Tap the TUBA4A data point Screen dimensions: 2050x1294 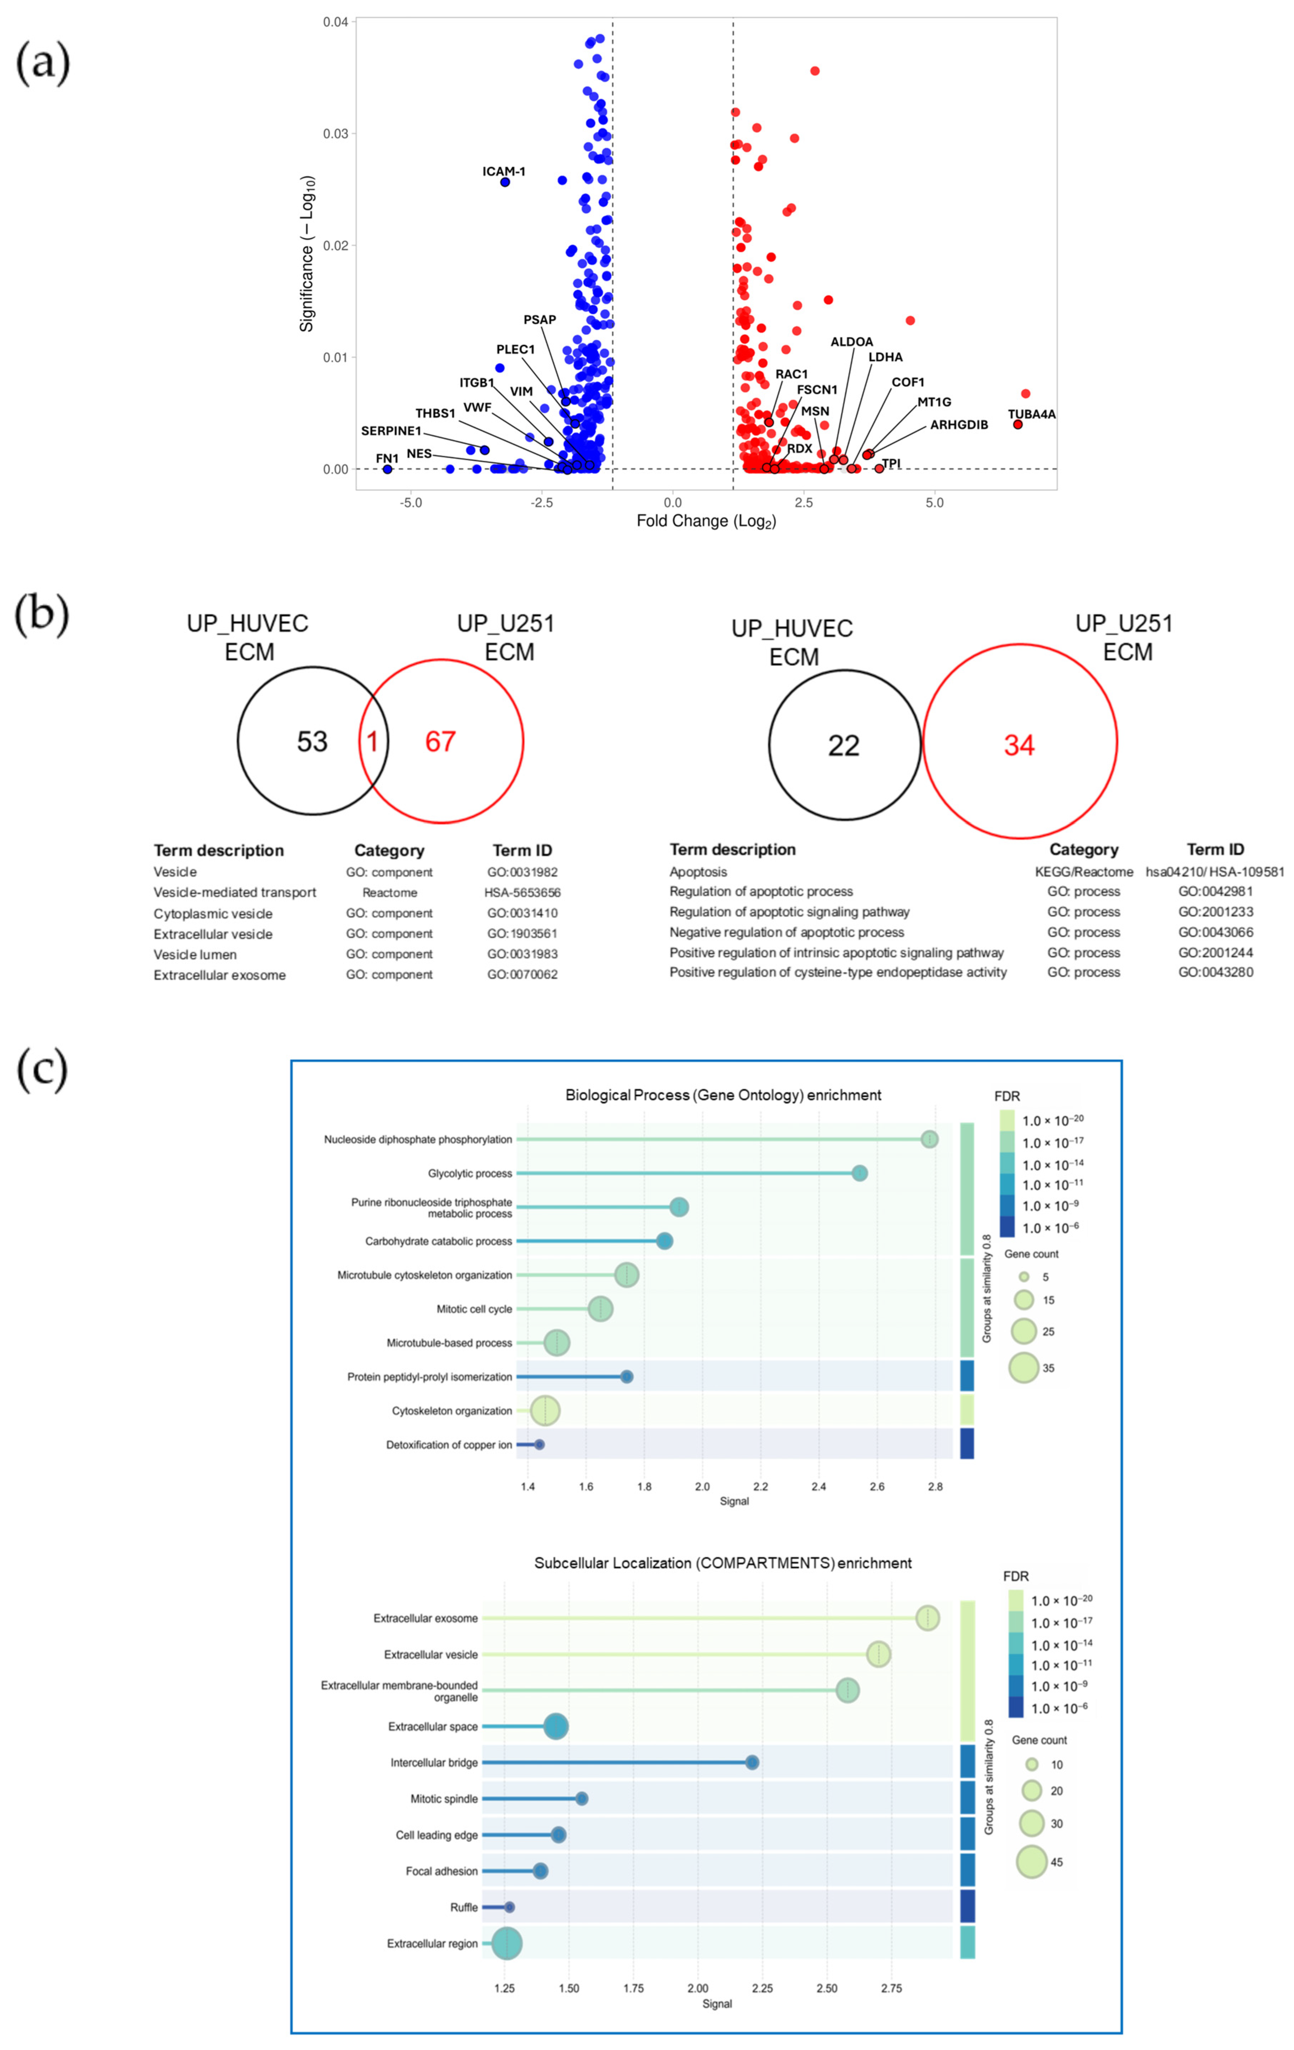tap(1017, 424)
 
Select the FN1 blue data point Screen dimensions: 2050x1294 tap(387, 469)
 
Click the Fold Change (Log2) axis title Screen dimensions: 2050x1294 tap(706, 521)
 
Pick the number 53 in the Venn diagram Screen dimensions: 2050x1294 tap(311, 741)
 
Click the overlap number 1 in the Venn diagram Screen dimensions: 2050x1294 tap(372, 741)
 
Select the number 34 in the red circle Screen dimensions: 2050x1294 tap(1019, 746)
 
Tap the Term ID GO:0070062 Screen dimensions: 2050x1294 tap(522, 975)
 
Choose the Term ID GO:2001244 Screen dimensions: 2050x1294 tap(1215, 953)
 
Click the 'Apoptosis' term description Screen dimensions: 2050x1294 tap(698, 872)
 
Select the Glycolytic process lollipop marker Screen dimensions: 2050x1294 tap(859, 1173)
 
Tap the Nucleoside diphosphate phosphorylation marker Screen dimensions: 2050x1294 tap(930, 1139)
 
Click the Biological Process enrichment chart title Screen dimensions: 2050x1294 tap(723, 1095)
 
